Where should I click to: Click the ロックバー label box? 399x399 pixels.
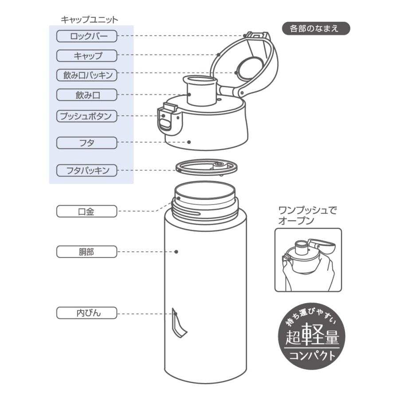(x=87, y=36)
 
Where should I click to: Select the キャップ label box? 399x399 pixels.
(x=87, y=55)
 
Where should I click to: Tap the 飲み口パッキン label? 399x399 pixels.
(x=87, y=75)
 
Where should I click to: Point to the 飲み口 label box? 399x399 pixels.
(x=87, y=94)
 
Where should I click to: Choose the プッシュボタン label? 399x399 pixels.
(x=87, y=116)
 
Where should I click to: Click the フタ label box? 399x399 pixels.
(x=87, y=143)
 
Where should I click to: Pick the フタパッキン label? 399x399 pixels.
(x=87, y=170)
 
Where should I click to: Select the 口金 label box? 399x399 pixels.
(x=87, y=211)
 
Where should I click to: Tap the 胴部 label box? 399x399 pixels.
(x=87, y=252)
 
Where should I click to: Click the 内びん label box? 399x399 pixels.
(x=87, y=313)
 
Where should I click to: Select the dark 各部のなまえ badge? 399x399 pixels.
(x=316, y=29)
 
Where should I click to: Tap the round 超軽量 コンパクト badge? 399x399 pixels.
(x=312, y=336)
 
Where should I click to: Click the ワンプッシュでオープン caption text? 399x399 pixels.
(x=307, y=215)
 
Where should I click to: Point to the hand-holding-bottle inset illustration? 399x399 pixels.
(x=308, y=260)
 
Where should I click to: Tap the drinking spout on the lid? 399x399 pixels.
(x=200, y=91)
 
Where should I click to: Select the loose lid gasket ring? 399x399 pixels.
(x=207, y=168)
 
